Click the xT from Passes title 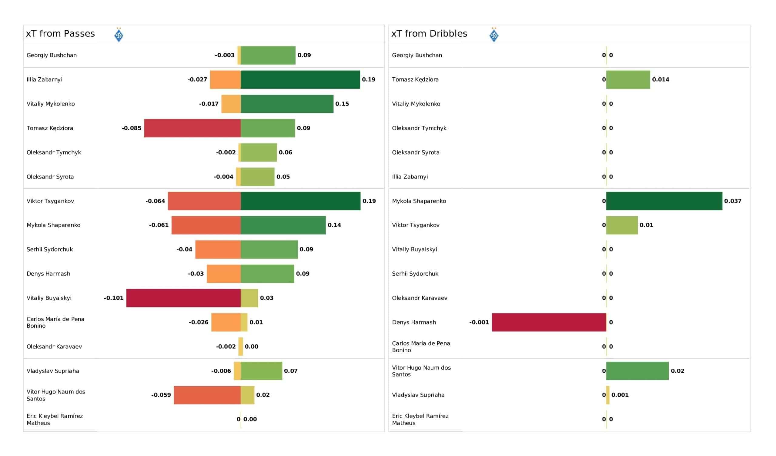60,34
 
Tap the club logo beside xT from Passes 119,35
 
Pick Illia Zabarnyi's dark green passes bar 300,79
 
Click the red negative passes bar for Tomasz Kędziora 192,128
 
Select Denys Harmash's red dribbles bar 549,322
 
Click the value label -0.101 114,298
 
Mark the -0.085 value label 132,128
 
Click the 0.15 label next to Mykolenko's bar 342,104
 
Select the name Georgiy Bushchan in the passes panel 52,55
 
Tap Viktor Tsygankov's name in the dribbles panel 415,225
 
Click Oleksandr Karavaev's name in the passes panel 54,347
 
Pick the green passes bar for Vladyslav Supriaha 261,371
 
